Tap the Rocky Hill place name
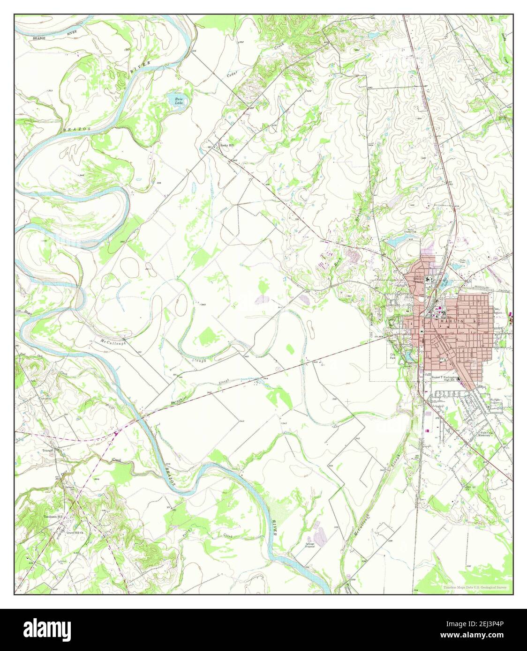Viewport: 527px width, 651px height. (227, 145)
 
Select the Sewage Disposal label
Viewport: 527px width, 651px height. (310, 545)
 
